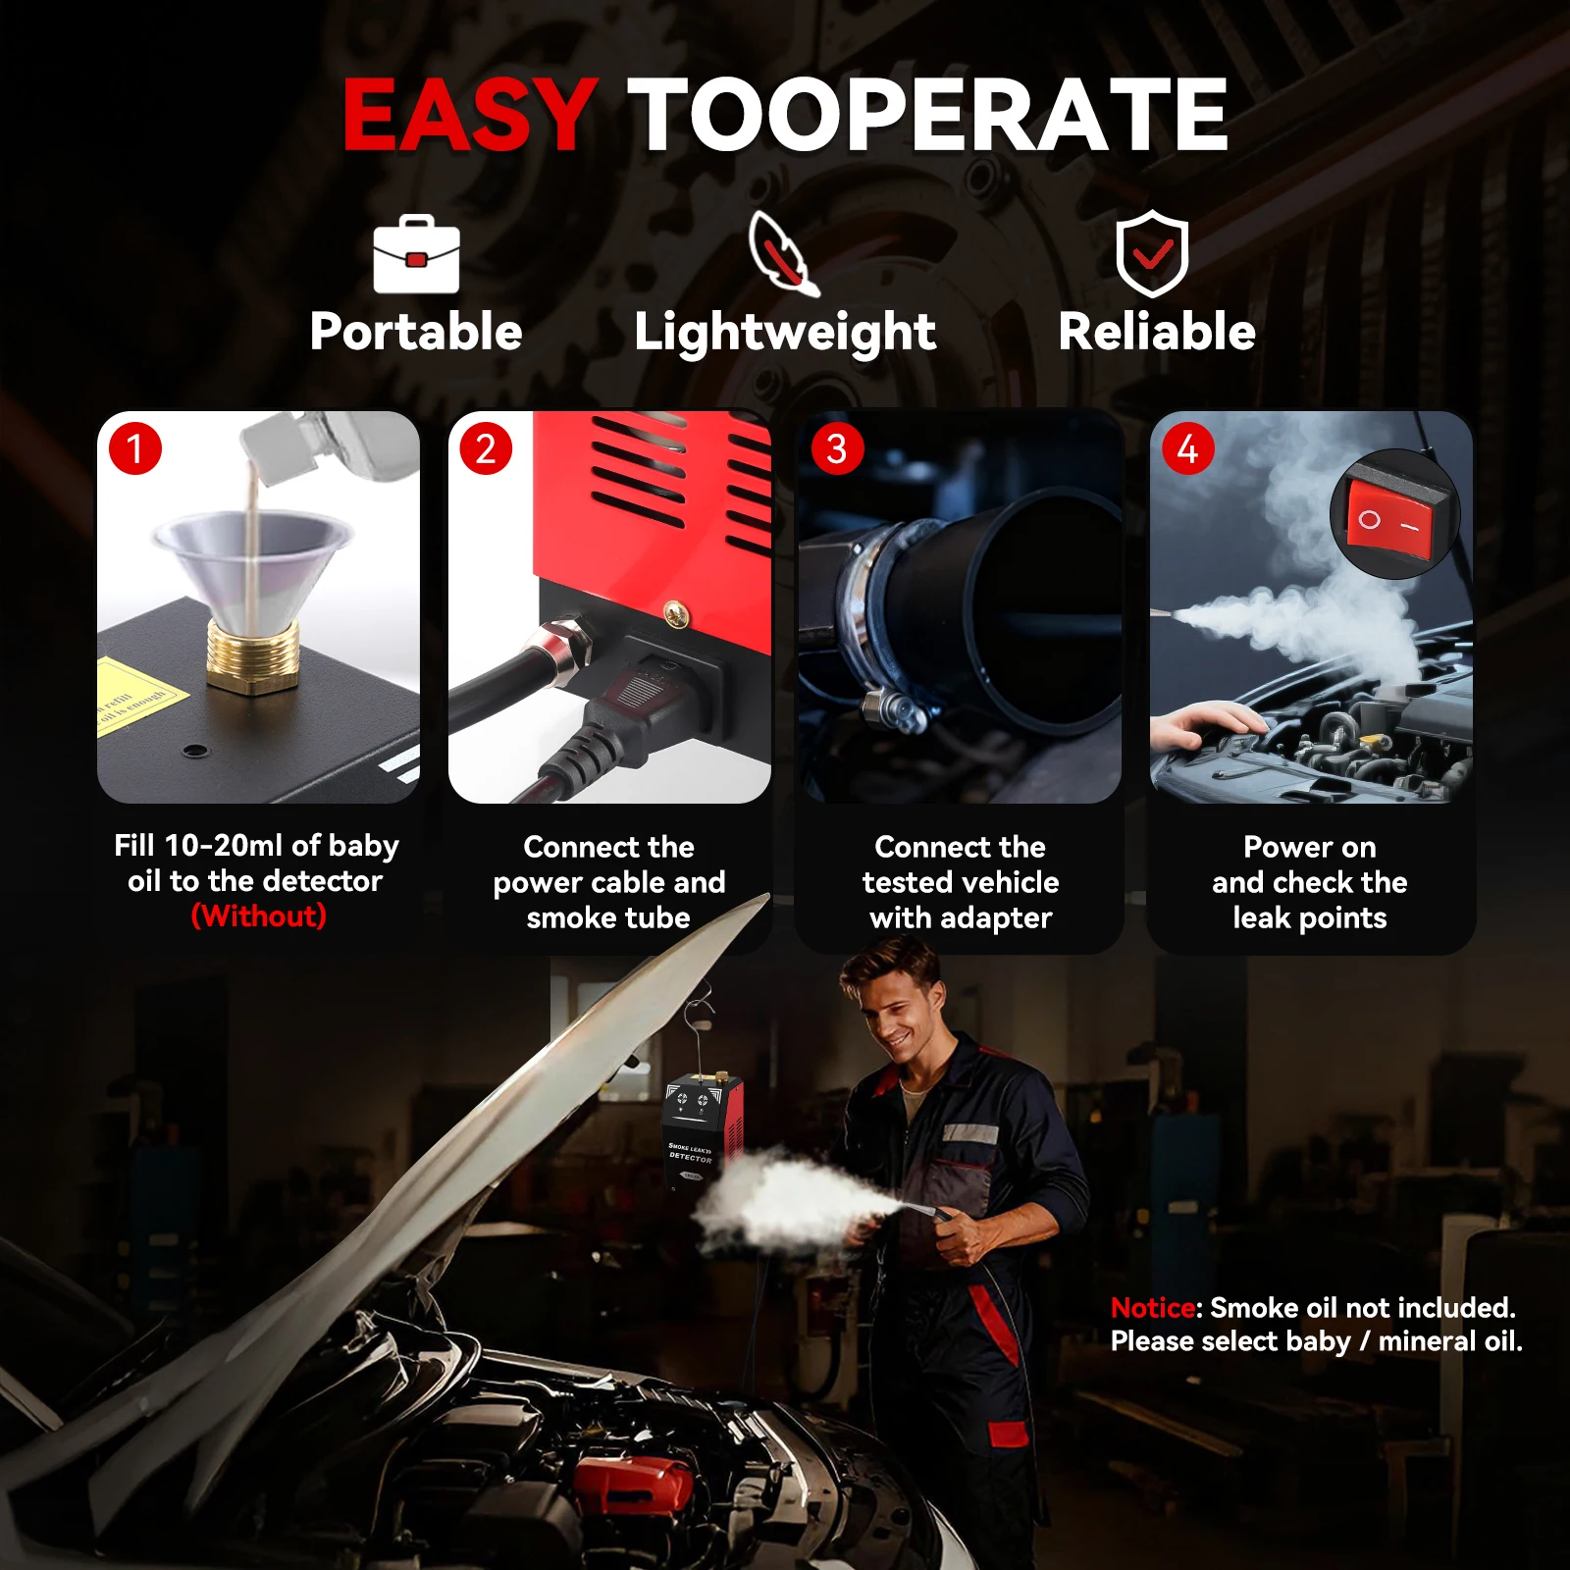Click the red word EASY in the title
469,115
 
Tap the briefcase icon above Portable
416,254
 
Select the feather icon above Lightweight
783,253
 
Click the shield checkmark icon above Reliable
1152,253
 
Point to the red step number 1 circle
135,448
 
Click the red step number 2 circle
486,448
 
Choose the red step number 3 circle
837,448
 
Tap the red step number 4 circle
1187,448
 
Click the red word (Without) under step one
258,916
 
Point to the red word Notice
1153,1307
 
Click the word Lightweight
785,333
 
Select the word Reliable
1157,332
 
